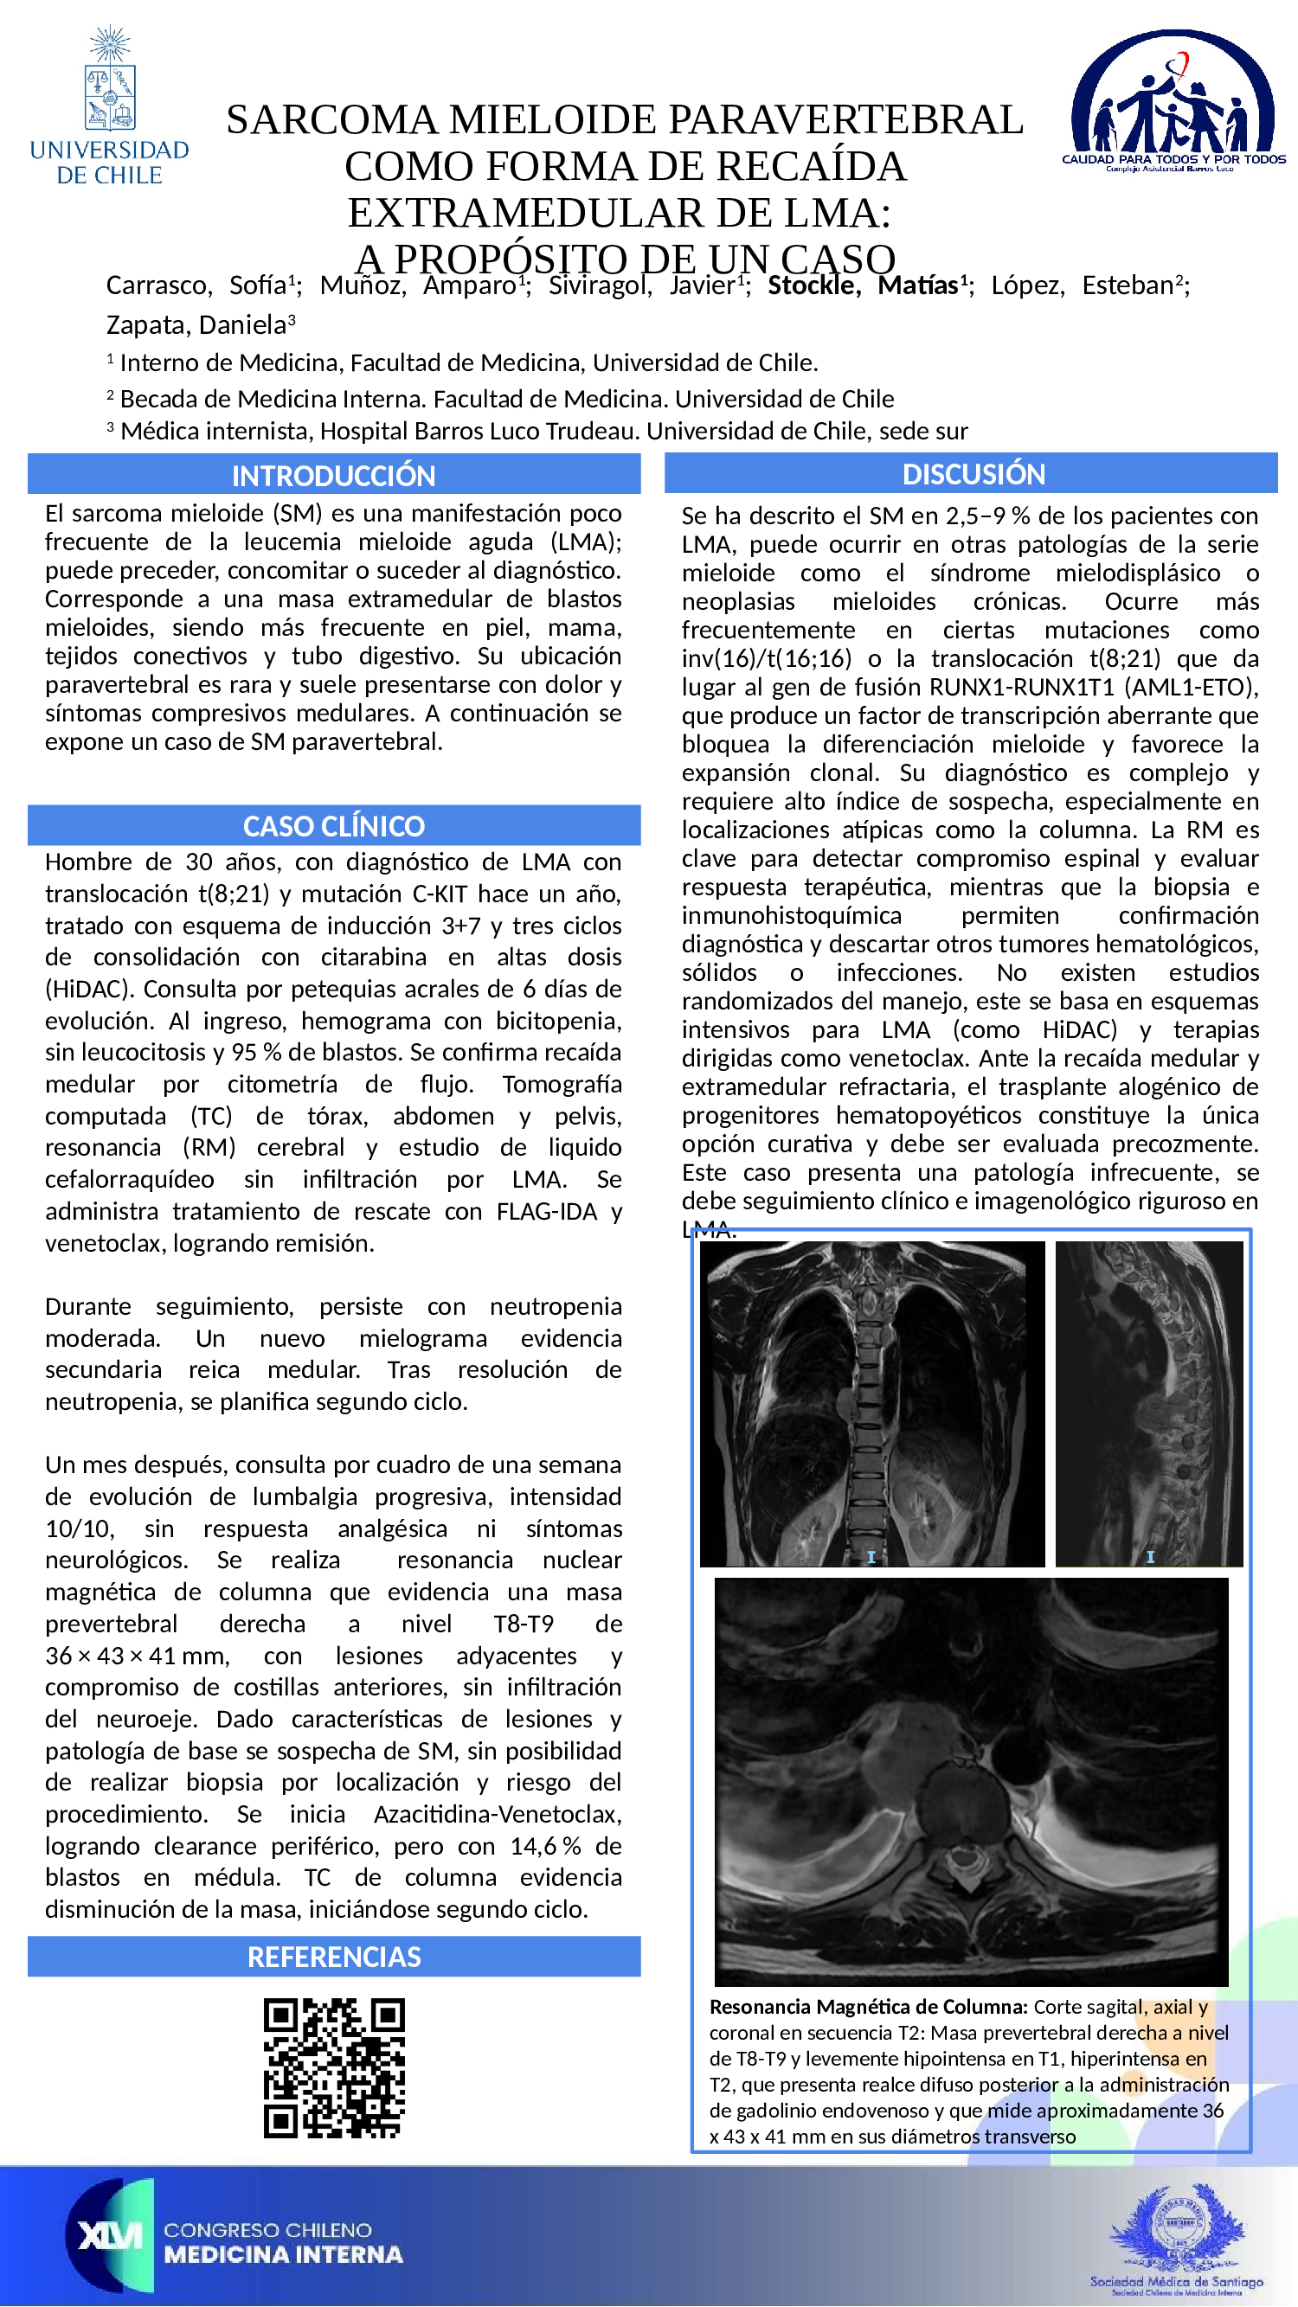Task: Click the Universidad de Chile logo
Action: [x=109, y=106]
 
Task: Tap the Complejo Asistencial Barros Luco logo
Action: [x=1173, y=101]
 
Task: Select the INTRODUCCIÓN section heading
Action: [x=333, y=476]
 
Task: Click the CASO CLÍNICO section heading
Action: [x=333, y=826]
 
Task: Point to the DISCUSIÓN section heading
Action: [x=973, y=474]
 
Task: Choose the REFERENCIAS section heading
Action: [x=333, y=1957]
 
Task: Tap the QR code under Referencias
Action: [x=334, y=2068]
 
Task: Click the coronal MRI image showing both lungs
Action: [x=871, y=1403]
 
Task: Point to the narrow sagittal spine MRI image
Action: [x=1148, y=1403]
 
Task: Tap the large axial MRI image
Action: [x=971, y=1782]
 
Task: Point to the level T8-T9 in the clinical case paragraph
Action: [x=524, y=1624]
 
